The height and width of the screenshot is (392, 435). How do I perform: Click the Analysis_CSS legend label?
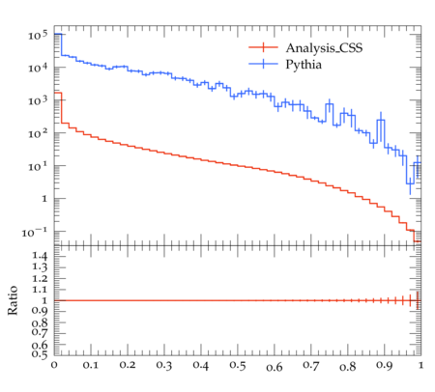tap(324, 48)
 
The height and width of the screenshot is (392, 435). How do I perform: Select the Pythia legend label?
tap(304, 65)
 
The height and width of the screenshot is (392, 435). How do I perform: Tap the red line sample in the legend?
tap(263, 47)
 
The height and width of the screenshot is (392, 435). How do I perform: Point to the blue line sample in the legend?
tap(263, 64)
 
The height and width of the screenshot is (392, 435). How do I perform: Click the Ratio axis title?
tap(13, 300)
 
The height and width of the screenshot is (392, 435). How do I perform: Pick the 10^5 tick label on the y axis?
tap(38, 35)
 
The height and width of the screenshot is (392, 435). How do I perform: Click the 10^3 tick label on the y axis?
tap(38, 100)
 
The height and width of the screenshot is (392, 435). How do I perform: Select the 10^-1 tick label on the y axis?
tap(35, 232)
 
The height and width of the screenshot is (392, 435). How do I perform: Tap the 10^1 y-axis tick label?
tap(38, 166)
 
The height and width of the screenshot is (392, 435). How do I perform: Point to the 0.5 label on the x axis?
tap(238, 365)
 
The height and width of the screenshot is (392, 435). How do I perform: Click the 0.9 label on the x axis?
tap(385, 365)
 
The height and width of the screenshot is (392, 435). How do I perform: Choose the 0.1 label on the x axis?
tap(91, 365)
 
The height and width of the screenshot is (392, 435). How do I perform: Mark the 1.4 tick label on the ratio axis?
tap(40, 256)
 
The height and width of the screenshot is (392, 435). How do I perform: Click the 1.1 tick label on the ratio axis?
tap(40, 290)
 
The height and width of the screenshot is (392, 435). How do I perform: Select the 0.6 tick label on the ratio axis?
tap(40, 345)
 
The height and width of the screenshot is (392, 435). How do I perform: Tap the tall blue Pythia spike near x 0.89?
tap(381, 120)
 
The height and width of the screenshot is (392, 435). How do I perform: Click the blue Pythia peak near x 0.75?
tap(329, 104)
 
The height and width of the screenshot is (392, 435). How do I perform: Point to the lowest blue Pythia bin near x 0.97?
tap(410, 183)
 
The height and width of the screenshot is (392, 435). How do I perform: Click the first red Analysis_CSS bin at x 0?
tap(58, 93)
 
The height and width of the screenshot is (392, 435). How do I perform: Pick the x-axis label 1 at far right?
tap(420, 365)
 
